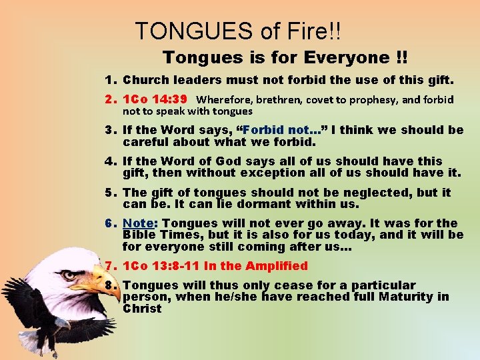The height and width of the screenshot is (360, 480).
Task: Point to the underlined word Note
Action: [139, 223]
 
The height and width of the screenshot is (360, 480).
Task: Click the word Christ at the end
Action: [142, 309]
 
